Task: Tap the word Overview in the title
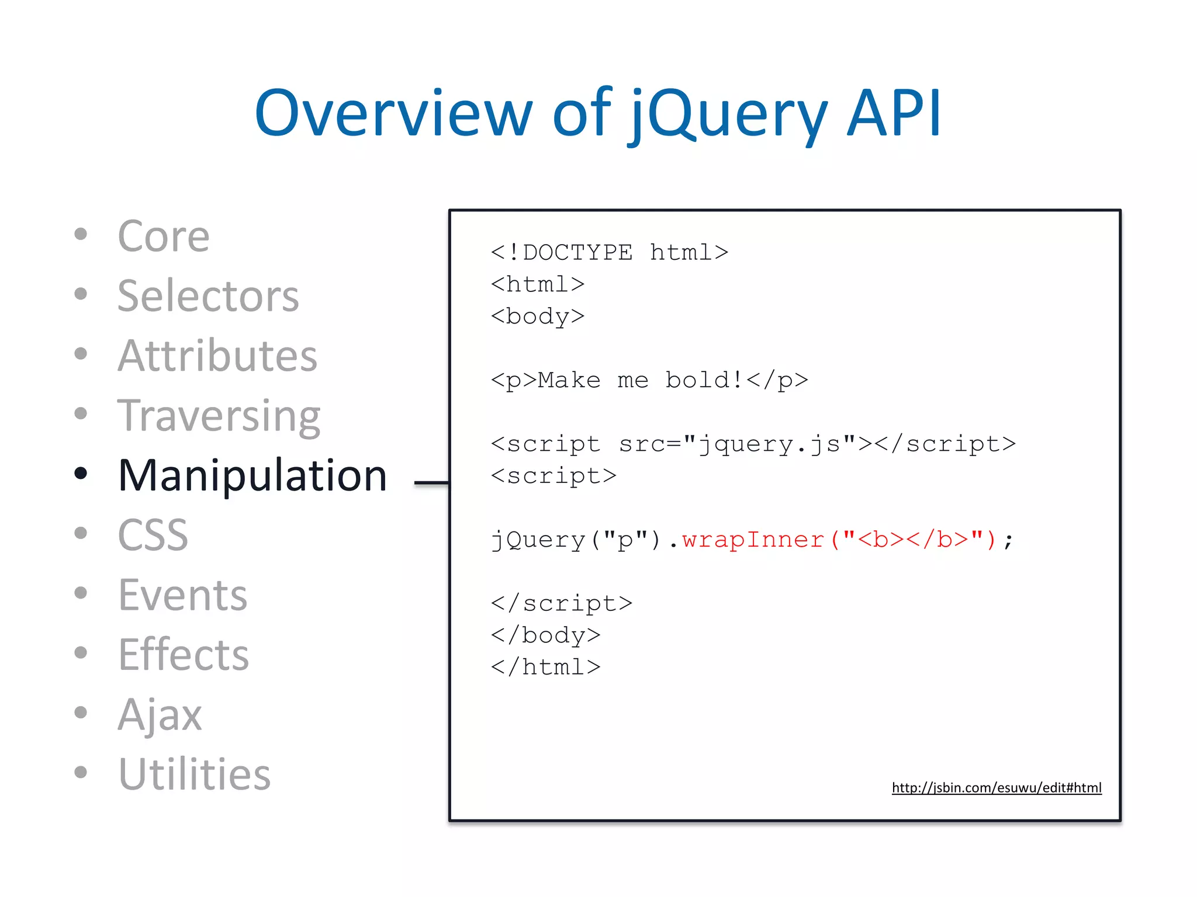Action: tap(393, 114)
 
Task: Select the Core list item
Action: tap(164, 237)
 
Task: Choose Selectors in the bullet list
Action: tap(208, 296)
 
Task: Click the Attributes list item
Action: tap(217, 356)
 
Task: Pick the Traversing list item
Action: tap(219, 416)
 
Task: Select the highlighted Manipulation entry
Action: tap(252, 475)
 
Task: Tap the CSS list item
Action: tap(153, 535)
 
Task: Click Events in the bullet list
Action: tap(183, 595)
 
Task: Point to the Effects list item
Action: tap(184, 655)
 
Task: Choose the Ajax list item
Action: tap(160, 714)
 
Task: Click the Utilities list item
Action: tap(195, 774)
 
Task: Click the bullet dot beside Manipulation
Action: tap(81, 474)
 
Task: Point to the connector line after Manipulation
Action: tap(431, 483)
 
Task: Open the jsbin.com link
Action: tap(997, 788)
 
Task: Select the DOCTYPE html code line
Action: tap(610, 252)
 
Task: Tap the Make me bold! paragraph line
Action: tap(649, 380)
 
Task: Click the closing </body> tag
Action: tap(546, 635)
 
